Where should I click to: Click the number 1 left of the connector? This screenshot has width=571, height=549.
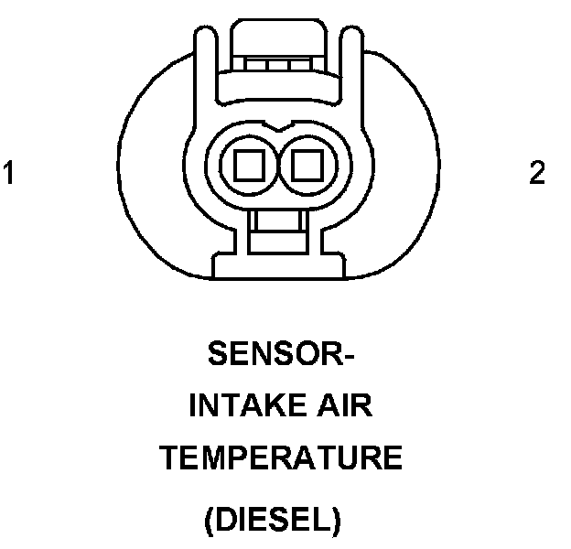(9, 172)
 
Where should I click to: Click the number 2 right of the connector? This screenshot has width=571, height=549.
(537, 172)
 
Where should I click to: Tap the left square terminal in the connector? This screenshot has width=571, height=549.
(249, 166)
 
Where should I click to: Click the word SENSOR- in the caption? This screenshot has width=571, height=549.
(281, 354)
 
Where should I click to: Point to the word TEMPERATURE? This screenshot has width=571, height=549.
(281, 457)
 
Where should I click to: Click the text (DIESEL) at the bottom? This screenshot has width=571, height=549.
(273, 522)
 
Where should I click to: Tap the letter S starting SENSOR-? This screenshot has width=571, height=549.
(218, 354)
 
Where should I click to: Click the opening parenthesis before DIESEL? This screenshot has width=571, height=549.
(210, 522)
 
